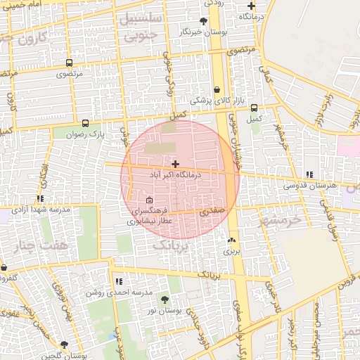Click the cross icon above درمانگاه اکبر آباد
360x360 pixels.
click(175, 163)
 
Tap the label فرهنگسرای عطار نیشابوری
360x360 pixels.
click(150, 215)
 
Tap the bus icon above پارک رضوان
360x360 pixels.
click(86, 123)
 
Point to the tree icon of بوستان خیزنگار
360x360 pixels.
click(203, 21)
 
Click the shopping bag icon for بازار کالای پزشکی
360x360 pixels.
click(217, 90)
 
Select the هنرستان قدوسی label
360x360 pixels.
click(310, 185)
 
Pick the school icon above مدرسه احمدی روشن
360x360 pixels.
click(119, 281)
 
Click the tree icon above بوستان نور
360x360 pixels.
click(165, 300)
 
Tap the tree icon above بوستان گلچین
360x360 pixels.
click(65, 345)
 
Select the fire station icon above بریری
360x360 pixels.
click(231, 240)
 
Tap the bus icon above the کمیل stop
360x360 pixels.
click(254, 108)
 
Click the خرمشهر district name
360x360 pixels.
click(279, 219)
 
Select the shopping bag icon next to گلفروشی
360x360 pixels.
click(4, 268)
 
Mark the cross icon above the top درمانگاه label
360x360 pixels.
click(251, 6)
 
